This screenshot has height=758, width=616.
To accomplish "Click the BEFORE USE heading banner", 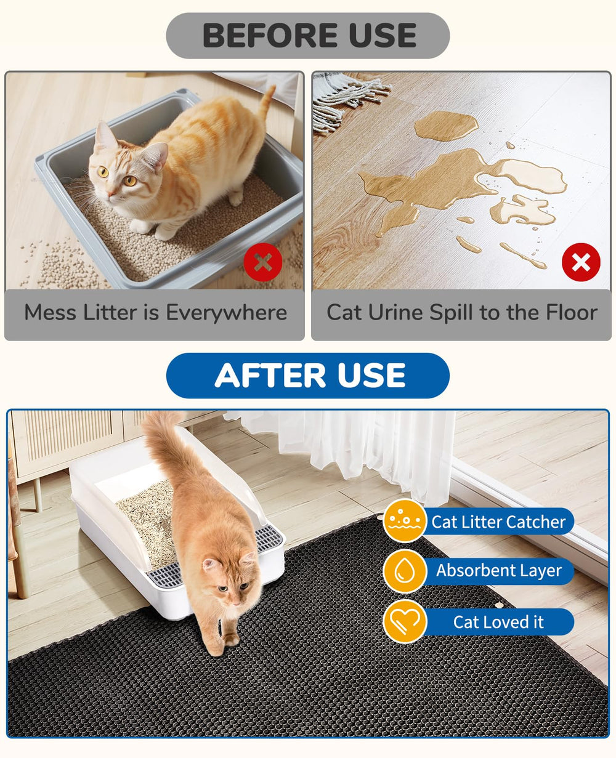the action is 307,36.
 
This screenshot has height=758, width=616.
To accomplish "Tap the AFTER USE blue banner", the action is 307,376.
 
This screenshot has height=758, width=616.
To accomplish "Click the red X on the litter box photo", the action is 263,262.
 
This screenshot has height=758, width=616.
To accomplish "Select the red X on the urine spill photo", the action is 581,262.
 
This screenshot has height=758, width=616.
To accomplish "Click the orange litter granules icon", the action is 405,521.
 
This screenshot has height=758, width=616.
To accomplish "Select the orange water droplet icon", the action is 405,571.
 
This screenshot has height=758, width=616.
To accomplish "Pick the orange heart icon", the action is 405,621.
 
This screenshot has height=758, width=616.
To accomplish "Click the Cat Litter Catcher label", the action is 498,522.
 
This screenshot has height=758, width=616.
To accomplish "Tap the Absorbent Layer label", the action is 499,571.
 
